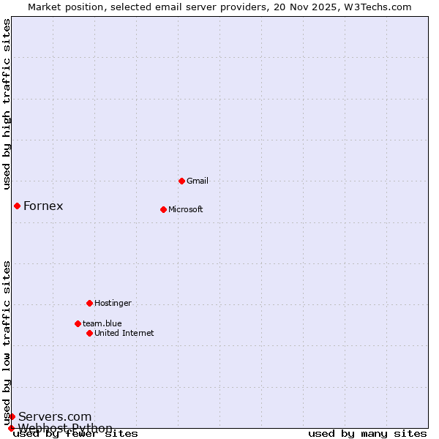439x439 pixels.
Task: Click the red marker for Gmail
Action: point(181,181)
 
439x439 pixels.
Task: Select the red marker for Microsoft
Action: point(163,209)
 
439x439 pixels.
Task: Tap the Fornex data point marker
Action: point(17,206)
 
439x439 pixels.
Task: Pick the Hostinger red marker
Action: point(89,303)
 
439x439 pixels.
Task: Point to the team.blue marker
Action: point(78,323)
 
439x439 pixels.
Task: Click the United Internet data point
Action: point(89,333)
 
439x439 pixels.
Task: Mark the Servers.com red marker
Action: point(12,416)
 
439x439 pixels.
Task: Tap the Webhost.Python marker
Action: point(11,428)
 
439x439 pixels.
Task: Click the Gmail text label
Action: point(198,181)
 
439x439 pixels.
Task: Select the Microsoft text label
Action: point(186,209)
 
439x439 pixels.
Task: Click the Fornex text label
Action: point(43,206)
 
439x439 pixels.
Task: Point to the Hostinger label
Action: point(113,303)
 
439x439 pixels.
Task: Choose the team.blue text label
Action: point(102,323)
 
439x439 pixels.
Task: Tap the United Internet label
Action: point(124,333)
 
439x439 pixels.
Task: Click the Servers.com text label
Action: point(55,417)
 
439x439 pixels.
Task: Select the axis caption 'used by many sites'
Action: point(367,434)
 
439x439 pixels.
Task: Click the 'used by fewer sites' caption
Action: point(75,434)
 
